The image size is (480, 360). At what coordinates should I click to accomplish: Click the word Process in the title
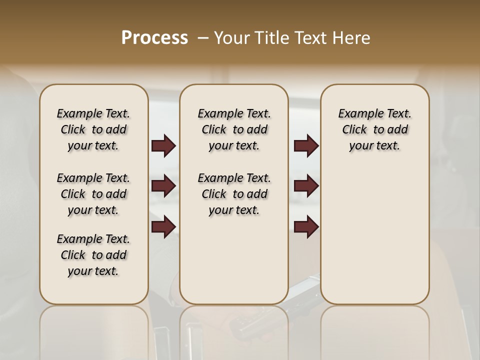click(154, 38)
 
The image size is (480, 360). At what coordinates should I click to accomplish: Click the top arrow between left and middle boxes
click(163, 146)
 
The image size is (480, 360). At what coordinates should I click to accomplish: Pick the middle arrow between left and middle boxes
click(163, 186)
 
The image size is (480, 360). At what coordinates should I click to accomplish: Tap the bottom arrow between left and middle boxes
click(163, 227)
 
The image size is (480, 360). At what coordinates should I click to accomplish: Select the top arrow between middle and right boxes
click(306, 146)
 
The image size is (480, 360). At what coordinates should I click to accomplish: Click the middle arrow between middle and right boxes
click(306, 186)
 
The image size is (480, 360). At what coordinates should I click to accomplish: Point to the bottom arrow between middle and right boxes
click(306, 227)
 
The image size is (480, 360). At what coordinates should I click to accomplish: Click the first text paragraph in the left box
click(93, 129)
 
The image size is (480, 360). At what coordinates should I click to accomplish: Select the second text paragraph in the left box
click(93, 194)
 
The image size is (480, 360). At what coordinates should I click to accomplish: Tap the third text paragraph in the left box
click(93, 255)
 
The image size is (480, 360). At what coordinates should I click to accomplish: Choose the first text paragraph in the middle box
click(234, 129)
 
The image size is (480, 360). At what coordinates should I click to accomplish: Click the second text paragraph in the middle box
click(234, 194)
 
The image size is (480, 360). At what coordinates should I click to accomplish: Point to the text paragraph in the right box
click(375, 129)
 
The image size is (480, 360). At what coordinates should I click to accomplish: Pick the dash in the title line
click(203, 38)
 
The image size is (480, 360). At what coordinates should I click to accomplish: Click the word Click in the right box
click(354, 130)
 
